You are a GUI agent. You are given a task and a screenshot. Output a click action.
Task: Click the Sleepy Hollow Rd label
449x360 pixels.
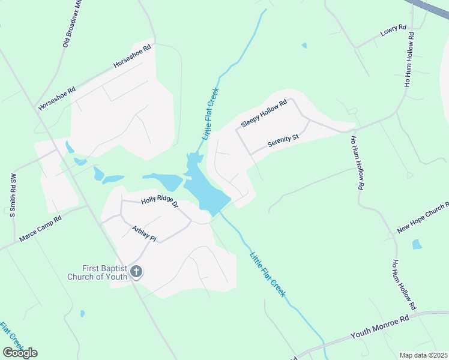point(264,113)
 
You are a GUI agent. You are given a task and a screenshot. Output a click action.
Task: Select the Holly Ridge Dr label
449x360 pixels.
point(160,203)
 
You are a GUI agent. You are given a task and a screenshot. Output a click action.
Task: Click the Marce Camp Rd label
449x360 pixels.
point(40,230)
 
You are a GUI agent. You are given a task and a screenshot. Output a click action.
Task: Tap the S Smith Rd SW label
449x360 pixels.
point(13,196)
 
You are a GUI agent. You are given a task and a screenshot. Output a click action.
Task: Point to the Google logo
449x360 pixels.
point(20,353)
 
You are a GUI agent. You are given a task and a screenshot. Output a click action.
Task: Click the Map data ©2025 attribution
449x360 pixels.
point(423,355)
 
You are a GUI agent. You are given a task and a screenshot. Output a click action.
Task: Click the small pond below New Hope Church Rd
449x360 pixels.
point(417,244)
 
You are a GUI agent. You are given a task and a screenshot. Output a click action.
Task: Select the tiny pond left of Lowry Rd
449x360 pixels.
point(304,46)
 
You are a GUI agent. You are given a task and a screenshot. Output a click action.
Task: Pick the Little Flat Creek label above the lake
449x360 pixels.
point(211,114)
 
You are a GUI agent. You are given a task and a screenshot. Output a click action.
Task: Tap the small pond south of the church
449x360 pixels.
point(82,313)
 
